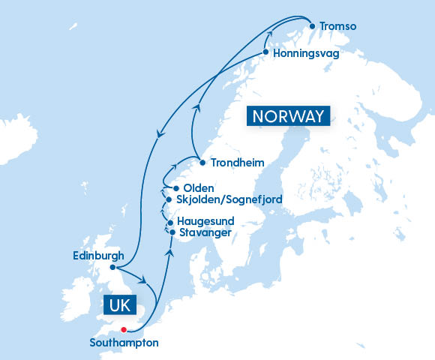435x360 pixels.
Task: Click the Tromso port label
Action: tap(339, 27)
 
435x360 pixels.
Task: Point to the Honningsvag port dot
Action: tap(266, 53)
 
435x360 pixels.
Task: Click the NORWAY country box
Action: tap(289, 116)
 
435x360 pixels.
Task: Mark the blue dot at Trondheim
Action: tap(202, 162)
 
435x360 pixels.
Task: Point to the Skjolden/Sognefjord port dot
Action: tap(168, 200)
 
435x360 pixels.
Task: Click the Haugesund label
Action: tap(205, 222)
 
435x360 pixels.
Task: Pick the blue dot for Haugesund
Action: tap(170, 223)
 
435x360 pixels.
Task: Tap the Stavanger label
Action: tap(205, 233)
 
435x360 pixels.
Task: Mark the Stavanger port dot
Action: tap(172, 233)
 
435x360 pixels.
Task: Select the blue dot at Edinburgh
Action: tap(112, 267)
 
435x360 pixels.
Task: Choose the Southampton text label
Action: tap(124, 343)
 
